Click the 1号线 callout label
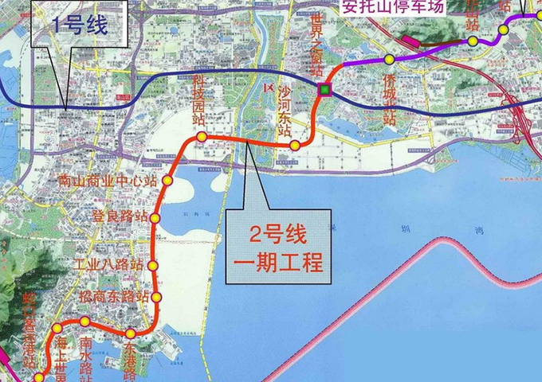[80, 25]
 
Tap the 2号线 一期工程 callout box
[277, 247]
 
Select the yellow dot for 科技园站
[202, 137]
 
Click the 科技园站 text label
[201, 100]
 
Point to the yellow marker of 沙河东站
[295, 145]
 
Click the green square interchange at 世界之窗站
[324, 90]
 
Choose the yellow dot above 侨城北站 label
[389, 60]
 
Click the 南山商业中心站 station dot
[167, 181]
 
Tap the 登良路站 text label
[120, 216]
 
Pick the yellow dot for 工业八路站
[154, 266]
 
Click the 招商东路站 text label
[115, 295]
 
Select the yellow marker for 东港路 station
[130, 333]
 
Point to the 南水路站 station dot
[84, 321]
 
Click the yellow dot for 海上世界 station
[57, 328]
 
